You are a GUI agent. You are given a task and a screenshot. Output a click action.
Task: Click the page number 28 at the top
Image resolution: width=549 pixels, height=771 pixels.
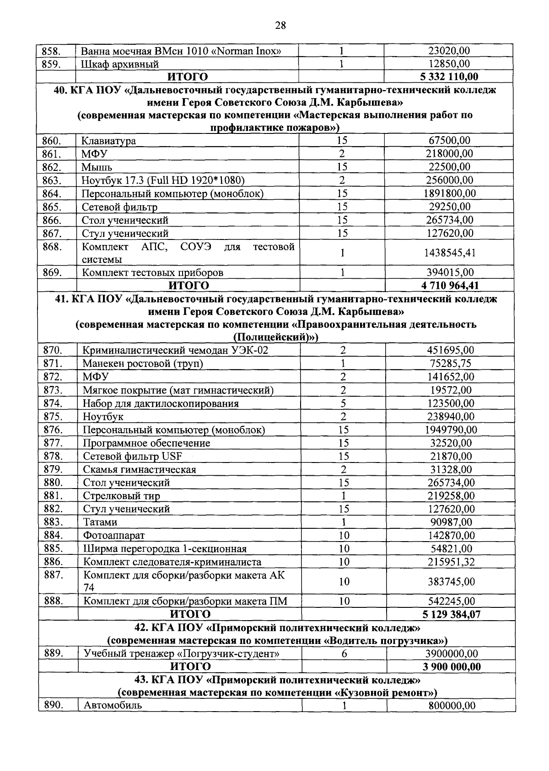(x=280, y=26)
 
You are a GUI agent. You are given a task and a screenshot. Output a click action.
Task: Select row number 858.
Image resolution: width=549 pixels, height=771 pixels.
(x=51, y=51)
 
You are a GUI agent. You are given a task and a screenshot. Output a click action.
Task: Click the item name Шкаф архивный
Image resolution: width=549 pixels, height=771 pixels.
(x=120, y=64)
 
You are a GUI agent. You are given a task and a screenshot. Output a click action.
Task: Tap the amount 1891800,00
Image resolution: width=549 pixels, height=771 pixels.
(x=449, y=193)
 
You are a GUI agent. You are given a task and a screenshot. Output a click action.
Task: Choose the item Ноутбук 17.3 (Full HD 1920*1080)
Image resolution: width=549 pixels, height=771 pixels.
(x=163, y=180)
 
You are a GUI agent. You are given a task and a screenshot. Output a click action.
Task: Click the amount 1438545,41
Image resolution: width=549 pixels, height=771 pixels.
(x=449, y=253)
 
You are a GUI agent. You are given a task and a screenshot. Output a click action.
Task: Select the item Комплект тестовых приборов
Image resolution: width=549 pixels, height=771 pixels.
(x=152, y=273)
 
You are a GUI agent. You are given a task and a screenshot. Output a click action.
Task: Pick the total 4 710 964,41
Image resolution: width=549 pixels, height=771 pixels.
(x=449, y=286)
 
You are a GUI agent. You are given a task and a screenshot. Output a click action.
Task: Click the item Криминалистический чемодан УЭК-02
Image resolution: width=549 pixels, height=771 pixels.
(x=175, y=351)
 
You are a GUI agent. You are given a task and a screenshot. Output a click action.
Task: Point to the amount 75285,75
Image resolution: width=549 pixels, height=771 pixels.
(x=450, y=364)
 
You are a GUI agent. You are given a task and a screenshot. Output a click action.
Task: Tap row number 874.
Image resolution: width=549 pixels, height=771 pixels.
(x=53, y=403)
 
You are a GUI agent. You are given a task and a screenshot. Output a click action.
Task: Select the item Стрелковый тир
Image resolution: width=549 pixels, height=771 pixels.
(x=121, y=496)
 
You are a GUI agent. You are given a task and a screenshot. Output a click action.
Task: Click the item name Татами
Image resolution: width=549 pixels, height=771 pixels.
(x=100, y=522)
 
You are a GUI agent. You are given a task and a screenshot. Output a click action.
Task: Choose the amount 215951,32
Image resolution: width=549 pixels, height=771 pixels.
(x=451, y=562)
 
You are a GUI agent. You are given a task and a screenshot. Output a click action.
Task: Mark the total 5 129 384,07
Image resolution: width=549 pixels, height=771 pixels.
(x=451, y=614)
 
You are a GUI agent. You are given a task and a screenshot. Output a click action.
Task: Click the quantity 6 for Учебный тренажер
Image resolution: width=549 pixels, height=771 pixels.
(x=344, y=654)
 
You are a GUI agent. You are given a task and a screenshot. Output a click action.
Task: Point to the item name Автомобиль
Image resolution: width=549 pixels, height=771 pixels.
(x=113, y=705)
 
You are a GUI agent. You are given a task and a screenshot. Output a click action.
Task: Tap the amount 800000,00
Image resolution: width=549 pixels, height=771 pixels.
(x=452, y=706)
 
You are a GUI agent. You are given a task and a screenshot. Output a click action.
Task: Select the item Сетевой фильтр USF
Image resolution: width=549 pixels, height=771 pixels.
(x=132, y=456)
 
